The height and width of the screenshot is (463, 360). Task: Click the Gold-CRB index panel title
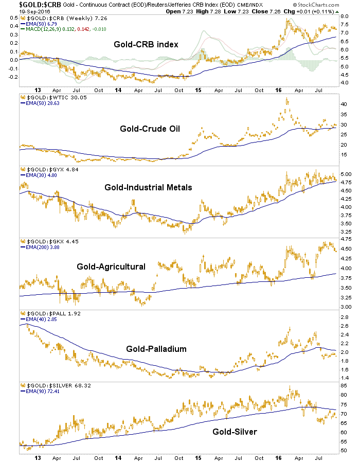point(146,44)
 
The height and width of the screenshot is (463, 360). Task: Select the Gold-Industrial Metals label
point(148,188)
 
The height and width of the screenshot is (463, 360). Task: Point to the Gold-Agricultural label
point(111,266)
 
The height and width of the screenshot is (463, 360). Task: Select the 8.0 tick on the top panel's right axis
point(345,17)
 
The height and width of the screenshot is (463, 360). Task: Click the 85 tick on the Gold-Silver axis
point(344,386)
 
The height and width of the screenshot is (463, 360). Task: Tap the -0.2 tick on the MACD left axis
point(10,77)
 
